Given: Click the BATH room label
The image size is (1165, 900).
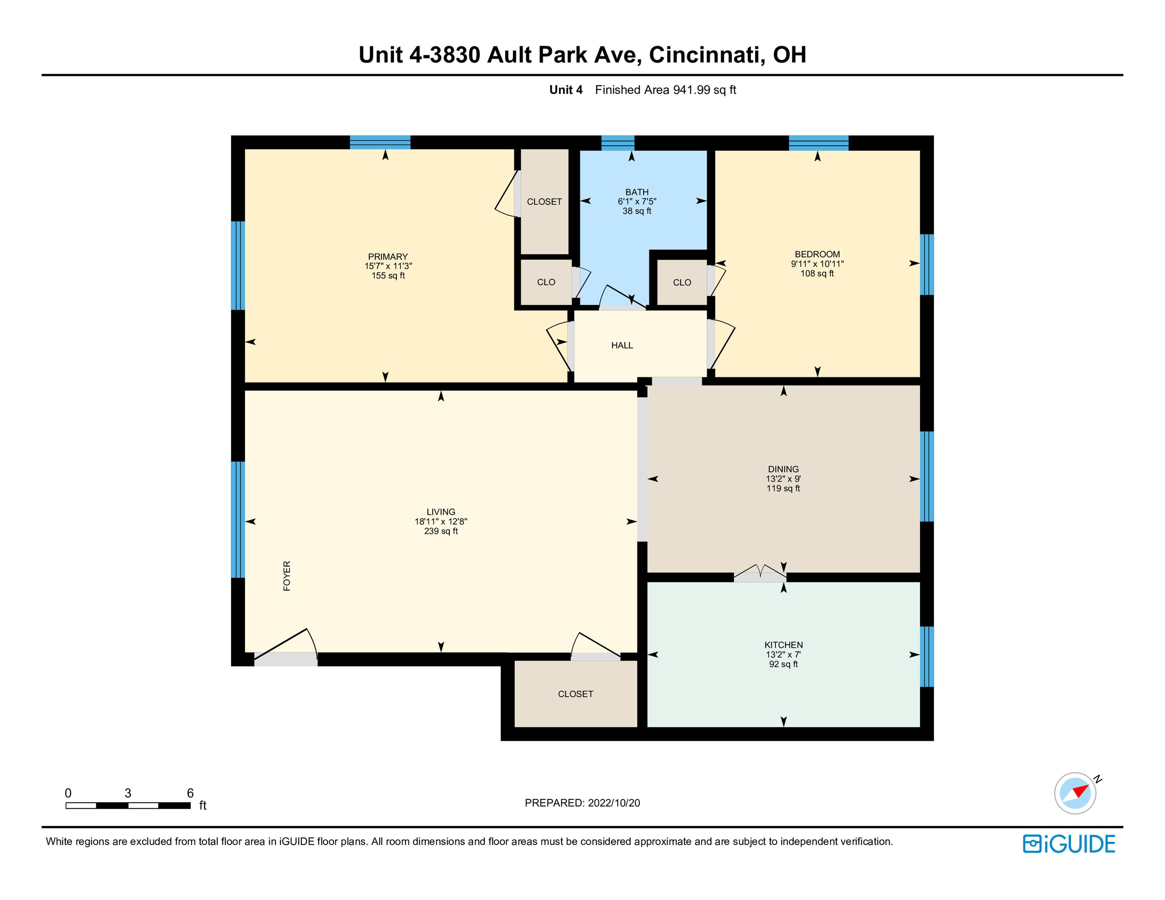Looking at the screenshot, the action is (x=637, y=192).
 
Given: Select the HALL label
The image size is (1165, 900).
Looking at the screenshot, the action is (x=622, y=346).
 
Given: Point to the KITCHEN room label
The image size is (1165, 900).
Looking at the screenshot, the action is (x=784, y=645).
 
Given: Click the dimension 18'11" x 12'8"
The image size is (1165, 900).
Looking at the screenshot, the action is (x=441, y=521).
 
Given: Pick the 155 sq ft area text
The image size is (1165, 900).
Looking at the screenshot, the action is (x=388, y=276).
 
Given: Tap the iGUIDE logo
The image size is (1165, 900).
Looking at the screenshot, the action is (x=1069, y=844).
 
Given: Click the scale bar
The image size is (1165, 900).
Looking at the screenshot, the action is (x=128, y=806).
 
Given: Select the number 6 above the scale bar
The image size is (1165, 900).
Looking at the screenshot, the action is (x=190, y=793).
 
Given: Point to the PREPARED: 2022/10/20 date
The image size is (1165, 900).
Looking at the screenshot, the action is (x=582, y=803).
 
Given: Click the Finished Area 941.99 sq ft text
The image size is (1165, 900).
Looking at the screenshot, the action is (x=666, y=90).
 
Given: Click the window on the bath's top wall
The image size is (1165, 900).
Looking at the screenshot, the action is (x=618, y=143).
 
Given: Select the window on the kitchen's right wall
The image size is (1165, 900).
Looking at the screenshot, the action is (x=927, y=656).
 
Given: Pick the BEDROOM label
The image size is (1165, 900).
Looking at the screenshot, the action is (x=817, y=254).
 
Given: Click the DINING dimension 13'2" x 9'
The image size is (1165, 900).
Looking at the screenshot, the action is (x=784, y=479).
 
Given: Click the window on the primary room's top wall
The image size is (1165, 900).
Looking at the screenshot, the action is (x=380, y=142).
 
